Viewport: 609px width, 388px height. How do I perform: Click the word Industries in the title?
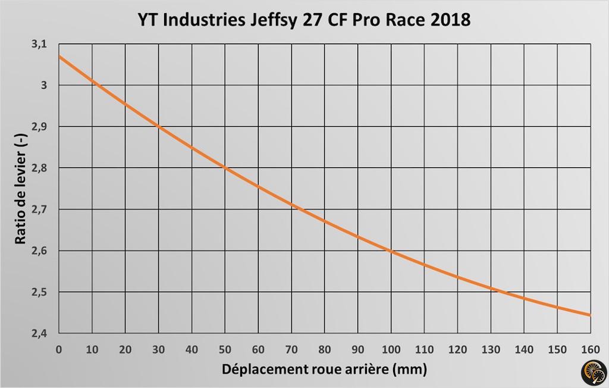coord(203,20)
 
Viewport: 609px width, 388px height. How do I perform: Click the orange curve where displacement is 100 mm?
coord(391,251)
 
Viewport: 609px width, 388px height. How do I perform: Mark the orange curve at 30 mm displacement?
coord(158,126)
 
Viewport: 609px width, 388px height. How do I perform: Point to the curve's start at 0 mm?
coord(59,57)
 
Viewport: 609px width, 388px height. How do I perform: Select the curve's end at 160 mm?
coord(589,315)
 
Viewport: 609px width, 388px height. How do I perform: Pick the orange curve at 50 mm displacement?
coord(225,168)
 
